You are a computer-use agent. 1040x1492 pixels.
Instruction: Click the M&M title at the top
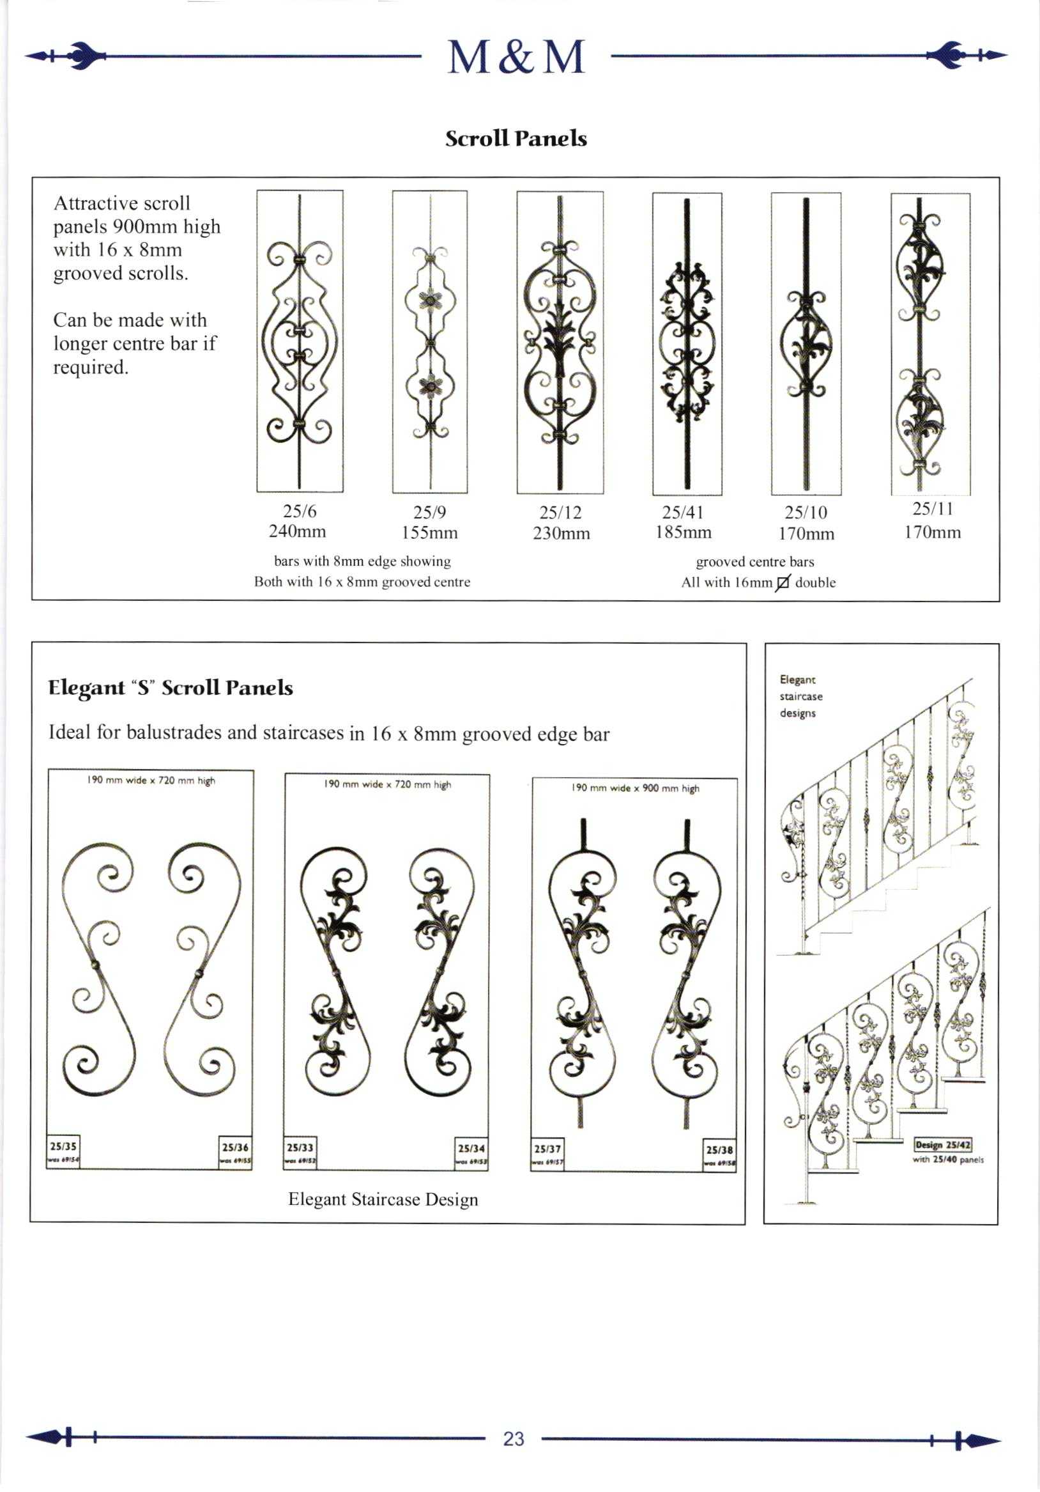click(x=516, y=57)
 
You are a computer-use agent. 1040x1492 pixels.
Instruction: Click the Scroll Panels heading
click(x=516, y=139)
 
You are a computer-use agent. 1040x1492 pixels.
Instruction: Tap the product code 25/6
click(x=300, y=511)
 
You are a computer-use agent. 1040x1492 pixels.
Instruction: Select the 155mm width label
click(x=429, y=533)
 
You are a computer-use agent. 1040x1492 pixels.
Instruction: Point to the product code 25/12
click(x=560, y=512)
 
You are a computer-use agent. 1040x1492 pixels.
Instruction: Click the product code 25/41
click(x=683, y=512)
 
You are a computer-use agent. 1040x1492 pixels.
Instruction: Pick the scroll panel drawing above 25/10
click(x=806, y=343)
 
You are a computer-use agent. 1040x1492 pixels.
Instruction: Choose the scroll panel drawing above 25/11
click(x=929, y=343)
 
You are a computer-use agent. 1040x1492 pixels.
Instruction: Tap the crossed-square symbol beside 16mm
click(x=783, y=583)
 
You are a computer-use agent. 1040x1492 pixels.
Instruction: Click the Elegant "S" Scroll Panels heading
click(x=170, y=688)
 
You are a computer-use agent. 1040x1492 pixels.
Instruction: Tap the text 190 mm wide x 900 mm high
click(x=634, y=788)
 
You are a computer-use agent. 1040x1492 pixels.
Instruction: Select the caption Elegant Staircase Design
click(x=383, y=1199)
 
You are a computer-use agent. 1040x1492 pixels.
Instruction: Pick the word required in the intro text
click(x=90, y=367)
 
